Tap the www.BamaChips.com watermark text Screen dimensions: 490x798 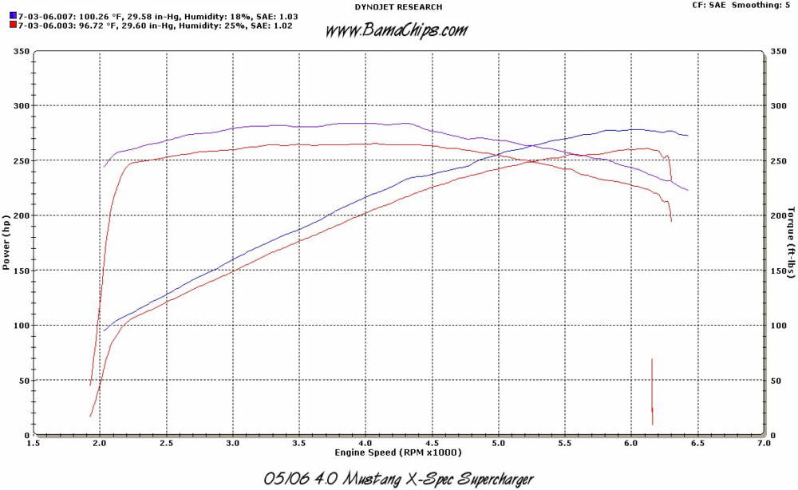tap(397, 31)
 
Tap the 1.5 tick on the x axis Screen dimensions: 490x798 tap(34, 442)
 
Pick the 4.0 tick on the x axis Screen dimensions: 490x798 tap(365, 442)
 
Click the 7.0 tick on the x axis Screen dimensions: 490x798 tap(764, 442)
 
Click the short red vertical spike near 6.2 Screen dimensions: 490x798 tap(652, 391)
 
